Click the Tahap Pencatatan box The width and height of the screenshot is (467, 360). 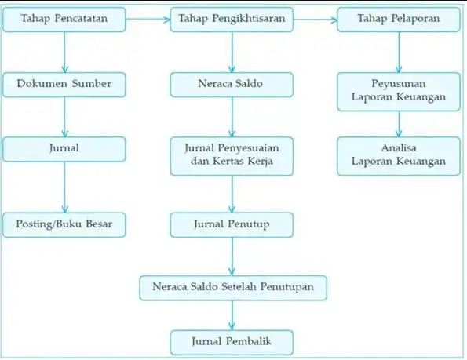[x=64, y=20]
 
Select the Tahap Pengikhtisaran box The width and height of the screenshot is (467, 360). [x=232, y=20]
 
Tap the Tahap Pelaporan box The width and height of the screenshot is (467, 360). [x=399, y=20]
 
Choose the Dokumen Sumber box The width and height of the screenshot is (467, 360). [x=64, y=85]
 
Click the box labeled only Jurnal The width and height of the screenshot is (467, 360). [x=64, y=149]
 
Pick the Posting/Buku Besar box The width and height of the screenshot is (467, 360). [x=64, y=225]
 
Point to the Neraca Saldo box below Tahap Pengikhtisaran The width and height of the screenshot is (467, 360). [x=232, y=85]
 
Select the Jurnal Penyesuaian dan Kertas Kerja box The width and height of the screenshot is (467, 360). [x=232, y=156]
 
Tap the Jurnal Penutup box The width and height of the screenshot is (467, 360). [x=232, y=225]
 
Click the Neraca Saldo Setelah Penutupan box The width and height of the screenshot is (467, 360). [x=233, y=288]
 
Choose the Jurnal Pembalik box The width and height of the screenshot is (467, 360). [x=232, y=343]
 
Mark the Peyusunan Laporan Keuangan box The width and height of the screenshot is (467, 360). [x=399, y=92]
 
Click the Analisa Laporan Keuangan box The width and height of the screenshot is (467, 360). [x=399, y=156]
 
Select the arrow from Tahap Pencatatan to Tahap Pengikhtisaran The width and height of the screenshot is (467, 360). [x=148, y=20]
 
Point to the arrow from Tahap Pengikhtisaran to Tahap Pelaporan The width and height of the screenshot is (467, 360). [x=316, y=20]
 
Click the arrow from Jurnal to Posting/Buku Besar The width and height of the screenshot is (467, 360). [x=64, y=187]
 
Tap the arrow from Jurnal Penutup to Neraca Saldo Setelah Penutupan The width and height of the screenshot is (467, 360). [x=232, y=256]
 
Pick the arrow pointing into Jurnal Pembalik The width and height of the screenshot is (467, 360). [x=232, y=315]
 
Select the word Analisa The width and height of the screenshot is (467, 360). [x=399, y=148]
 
